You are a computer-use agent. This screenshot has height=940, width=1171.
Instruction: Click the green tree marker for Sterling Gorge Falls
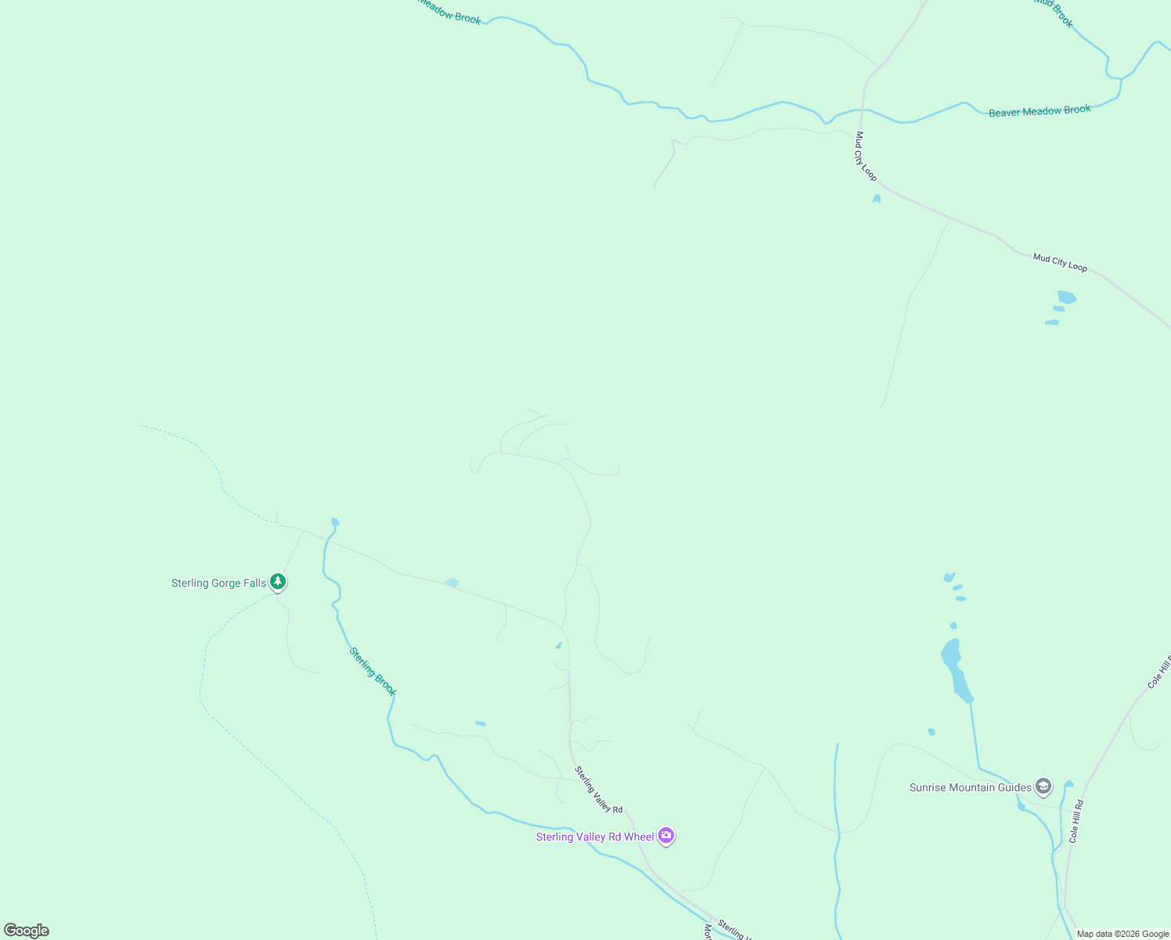point(277,582)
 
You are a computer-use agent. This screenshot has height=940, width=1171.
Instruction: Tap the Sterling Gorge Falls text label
point(218,583)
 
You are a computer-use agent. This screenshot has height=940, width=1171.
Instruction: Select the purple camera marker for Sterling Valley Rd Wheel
point(666,836)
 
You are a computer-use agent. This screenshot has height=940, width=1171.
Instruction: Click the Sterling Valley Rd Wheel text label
point(595,837)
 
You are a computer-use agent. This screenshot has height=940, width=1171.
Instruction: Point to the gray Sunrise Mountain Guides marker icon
point(1043,786)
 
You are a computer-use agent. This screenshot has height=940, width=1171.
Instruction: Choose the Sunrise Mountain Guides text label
point(970,787)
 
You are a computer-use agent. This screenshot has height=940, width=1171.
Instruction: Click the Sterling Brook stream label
point(373,671)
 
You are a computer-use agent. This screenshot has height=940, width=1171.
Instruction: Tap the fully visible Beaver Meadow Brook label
point(1039,111)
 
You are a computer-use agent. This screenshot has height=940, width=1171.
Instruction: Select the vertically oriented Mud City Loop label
point(865,156)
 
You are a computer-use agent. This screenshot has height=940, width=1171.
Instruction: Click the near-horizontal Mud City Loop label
point(1060,262)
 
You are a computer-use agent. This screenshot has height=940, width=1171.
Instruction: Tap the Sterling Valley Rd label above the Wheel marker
point(599,790)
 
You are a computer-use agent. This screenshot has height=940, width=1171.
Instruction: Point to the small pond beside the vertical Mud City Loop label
point(877,199)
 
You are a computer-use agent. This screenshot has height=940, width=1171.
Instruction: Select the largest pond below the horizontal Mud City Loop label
point(1066,297)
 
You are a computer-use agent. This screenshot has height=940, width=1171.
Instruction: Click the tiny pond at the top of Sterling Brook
point(335,522)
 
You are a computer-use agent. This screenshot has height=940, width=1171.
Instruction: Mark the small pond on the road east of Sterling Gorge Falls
point(452,583)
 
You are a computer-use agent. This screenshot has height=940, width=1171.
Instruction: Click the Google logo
point(27,930)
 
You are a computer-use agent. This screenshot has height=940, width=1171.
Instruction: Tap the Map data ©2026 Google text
point(1122,934)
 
